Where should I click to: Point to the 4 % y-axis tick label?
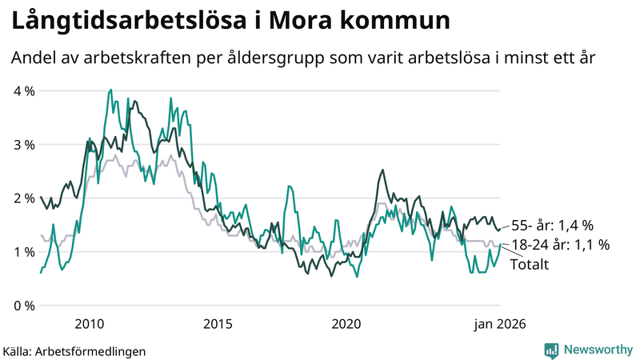click(24, 91)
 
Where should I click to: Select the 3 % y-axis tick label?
click(24, 145)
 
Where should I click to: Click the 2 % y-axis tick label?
click(24, 198)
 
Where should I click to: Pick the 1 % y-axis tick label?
click(24, 252)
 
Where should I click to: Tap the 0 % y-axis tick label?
click(24, 306)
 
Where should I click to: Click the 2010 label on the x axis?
click(89, 324)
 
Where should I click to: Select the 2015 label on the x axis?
click(218, 324)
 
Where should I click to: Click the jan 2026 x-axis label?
click(500, 324)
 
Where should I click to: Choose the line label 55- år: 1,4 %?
click(553, 225)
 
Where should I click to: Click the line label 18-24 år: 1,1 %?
click(560, 245)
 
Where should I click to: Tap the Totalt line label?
click(529, 264)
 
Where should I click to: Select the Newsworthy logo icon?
click(551, 350)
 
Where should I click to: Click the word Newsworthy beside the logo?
click(598, 350)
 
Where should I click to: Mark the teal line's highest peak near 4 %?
click(110, 90)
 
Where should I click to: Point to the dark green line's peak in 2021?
click(382, 170)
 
